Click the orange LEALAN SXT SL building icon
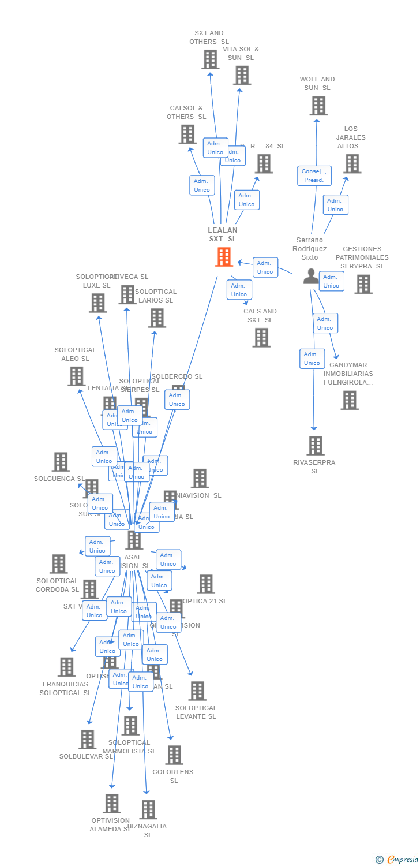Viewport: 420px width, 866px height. pyautogui.click(x=224, y=257)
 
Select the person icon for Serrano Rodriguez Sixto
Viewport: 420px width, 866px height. pyautogui.click(x=312, y=277)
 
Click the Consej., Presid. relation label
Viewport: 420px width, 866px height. pyautogui.click(x=314, y=176)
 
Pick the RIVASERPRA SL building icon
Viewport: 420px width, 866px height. pyautogui.click(x=315, y=446)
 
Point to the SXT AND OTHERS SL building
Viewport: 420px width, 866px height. pyautogui.click(x=210, y=59)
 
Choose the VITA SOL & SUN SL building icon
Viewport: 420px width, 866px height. pyautogui.click(x=242, y=75)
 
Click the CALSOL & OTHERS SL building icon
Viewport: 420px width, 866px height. pyautogui.click(x=187, y=134)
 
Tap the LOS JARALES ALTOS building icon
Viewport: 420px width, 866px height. pyautogui.click(x=352, y=163)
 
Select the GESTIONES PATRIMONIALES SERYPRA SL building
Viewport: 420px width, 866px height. pyautogui.click(x=363, y=284)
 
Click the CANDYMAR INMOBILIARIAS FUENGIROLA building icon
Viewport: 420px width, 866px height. pyautogui.click(x=349, y=400)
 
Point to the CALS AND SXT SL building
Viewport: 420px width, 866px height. pyautogui.click(x=261, y=337)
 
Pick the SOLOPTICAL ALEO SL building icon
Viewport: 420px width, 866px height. pyautogui.click(x=76, y=376)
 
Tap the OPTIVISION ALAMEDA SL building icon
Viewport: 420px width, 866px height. pyautogui.click(x=112, y=803)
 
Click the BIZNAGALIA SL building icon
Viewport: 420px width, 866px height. pyautogui.click(x=148, y=809)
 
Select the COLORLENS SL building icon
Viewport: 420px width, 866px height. pyautogui.click(x=174, y=755)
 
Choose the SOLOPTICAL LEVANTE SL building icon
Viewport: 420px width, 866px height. pyautogui.click(x=197, y=690)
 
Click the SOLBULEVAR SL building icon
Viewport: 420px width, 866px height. pyautogui.click(x=87, y=739)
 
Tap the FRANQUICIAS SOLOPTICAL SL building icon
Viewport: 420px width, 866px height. pyautogui.click(x=67, y=667)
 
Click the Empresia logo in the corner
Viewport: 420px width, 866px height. pyautogui.click(x=397, y=859)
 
